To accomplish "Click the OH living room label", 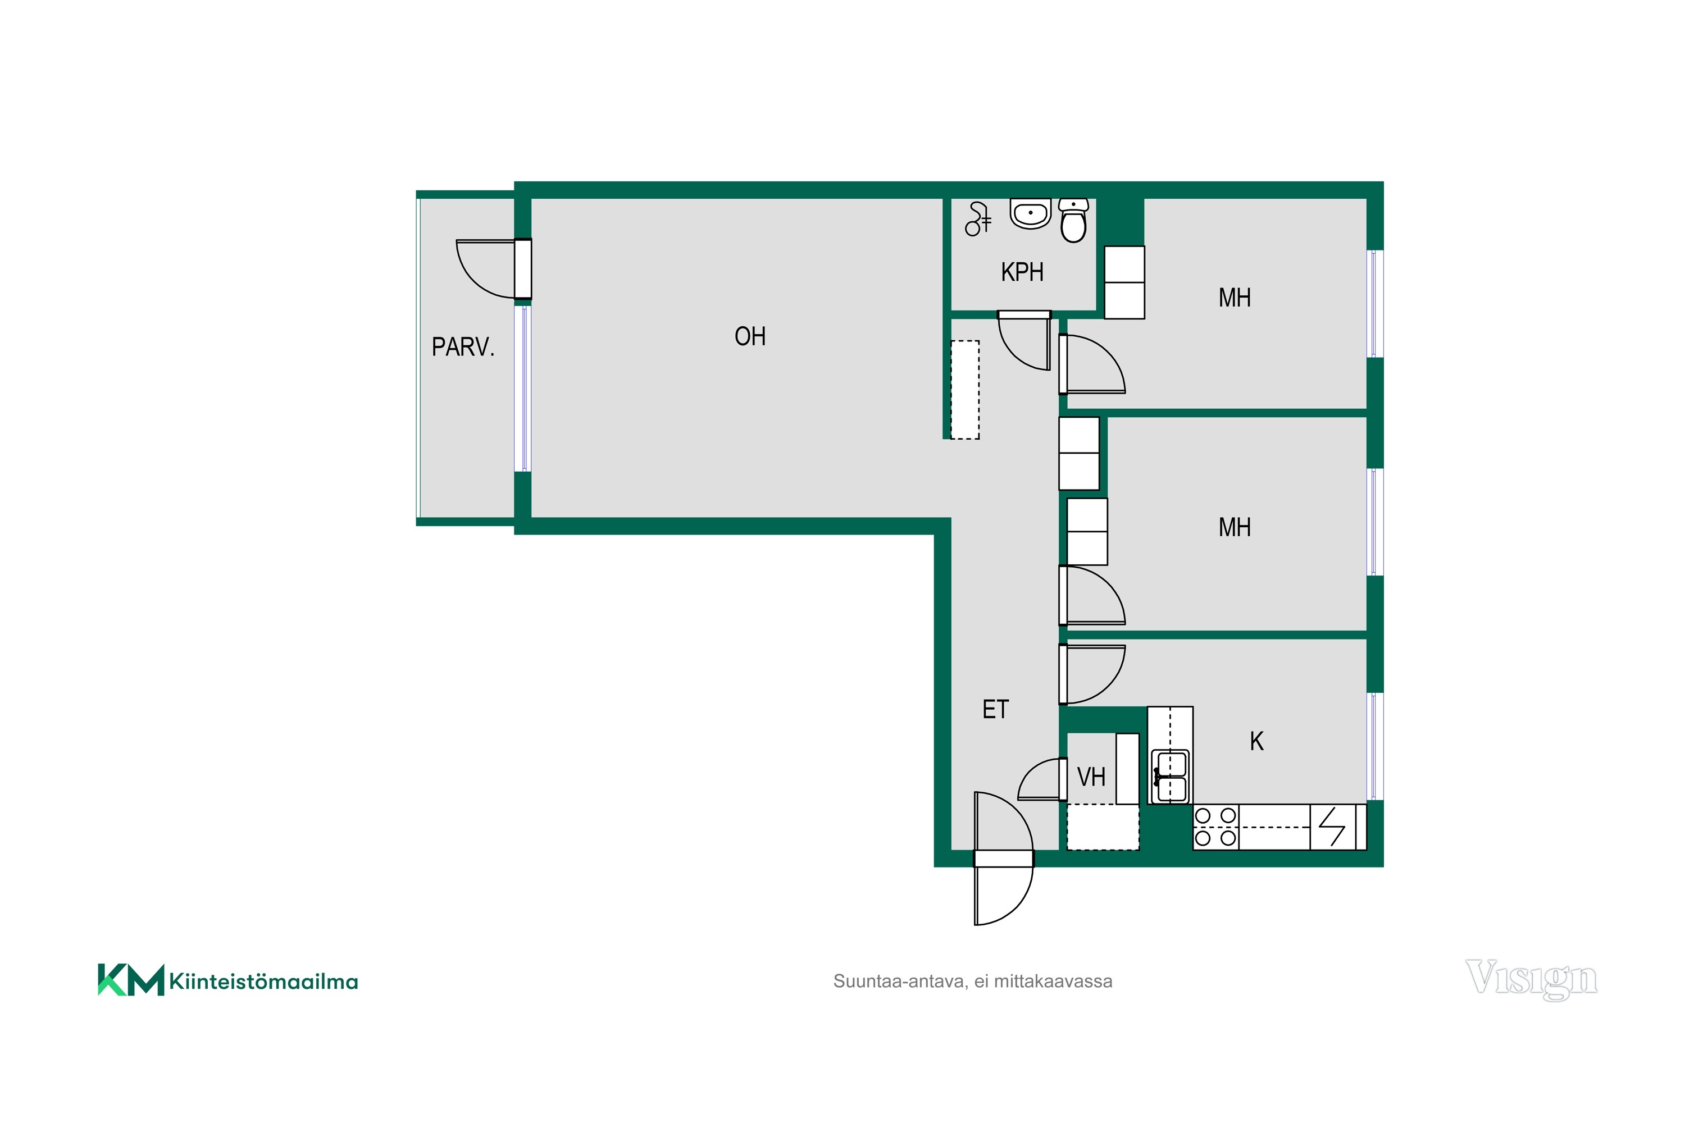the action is (750, 336).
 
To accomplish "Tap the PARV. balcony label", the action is (463, 348).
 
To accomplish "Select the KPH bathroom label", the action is (1022, 272).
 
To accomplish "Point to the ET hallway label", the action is (995, 709).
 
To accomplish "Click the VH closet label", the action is (1091, 777).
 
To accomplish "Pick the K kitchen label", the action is (1256, 741).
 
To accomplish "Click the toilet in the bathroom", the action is (1073, 221).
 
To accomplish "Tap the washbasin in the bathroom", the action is (1030, 213).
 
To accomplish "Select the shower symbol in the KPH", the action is (978, 219).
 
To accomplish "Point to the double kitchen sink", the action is (1170, 777).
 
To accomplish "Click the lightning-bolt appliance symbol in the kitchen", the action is (1332, 827).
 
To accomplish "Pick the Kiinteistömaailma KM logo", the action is (228, 980).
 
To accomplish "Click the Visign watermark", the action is (1532, 979).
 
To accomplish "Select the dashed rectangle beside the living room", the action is (965, 390).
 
